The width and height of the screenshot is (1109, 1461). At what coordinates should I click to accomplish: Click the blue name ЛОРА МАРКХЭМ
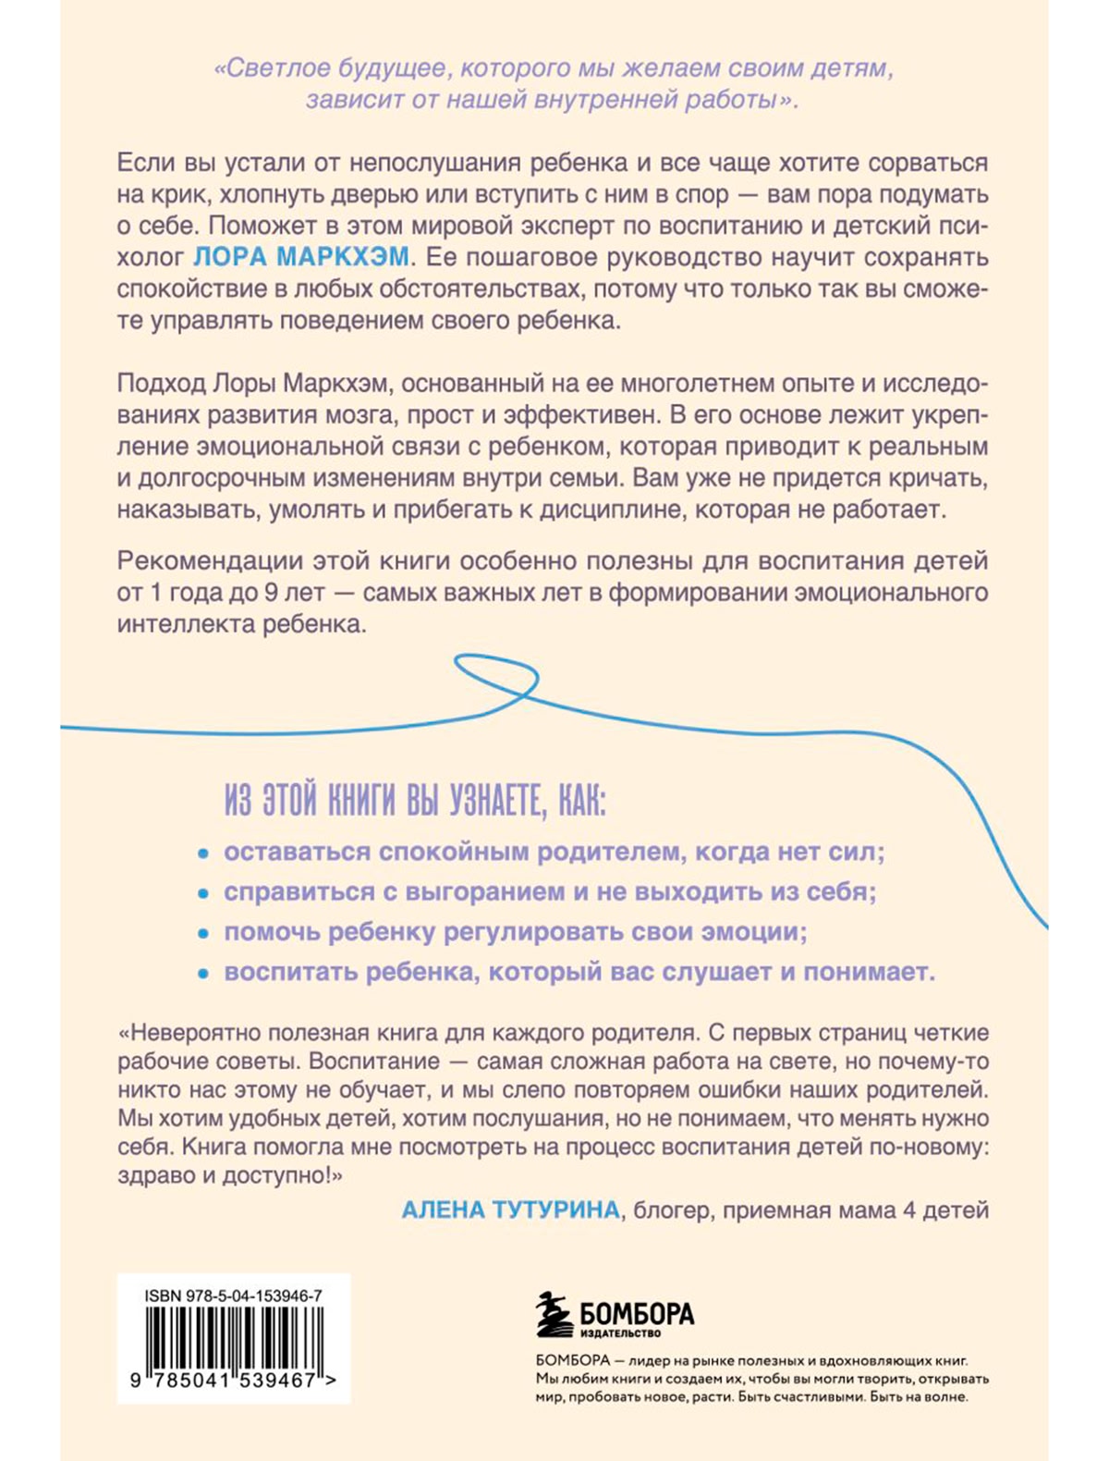(x=300, y=256)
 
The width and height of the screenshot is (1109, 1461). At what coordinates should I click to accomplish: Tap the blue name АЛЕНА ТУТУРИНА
(x=510, y=1209)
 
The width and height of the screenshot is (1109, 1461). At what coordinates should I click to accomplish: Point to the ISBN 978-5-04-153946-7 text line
(x=233, y=1296)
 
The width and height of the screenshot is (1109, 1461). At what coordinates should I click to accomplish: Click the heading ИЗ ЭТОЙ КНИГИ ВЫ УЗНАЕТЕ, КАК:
(x=415, y=802)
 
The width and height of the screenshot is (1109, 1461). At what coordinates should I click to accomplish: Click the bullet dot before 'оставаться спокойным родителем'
(x=203, y=853)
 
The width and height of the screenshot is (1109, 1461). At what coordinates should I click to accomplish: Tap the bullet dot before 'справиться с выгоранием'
(x=203, y=894)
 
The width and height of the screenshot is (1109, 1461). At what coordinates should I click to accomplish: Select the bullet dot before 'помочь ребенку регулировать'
(x=203, y=934)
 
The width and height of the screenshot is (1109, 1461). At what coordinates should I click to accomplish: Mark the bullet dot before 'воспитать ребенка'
(x=203, y=975)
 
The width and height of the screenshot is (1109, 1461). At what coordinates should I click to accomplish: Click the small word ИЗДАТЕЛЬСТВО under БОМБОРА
(x=620, y=1333)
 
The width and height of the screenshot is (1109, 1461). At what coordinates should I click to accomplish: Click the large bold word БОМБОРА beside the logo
(x=637, y=1313)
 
